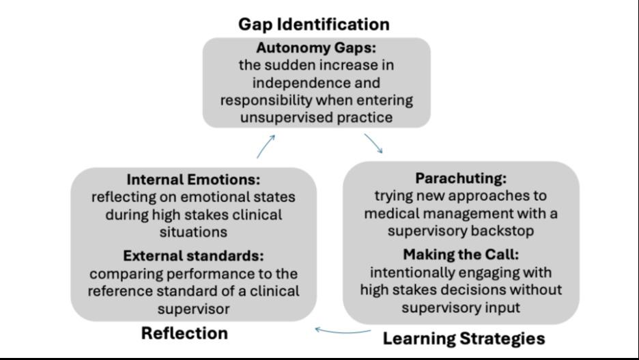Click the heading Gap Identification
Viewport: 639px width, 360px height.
point(313,25)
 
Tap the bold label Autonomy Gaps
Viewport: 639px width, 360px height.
point(316,49)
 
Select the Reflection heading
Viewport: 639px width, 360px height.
point(184,333)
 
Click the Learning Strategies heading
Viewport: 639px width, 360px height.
point(464,338)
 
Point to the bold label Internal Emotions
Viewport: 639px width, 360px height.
point(193,180)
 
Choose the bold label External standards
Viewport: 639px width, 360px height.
point(193,256)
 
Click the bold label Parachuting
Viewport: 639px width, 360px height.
point(461,178)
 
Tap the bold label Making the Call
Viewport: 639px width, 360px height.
point(461,255)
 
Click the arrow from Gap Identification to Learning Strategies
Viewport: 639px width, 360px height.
point(373,143)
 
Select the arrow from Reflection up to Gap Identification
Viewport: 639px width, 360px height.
point(266,146)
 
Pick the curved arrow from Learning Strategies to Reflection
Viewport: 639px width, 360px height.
point(343,333)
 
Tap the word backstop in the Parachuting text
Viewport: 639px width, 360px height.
point(508,231)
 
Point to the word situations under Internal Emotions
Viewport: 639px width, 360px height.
point(193,232)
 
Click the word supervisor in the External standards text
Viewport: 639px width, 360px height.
point(193,309)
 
